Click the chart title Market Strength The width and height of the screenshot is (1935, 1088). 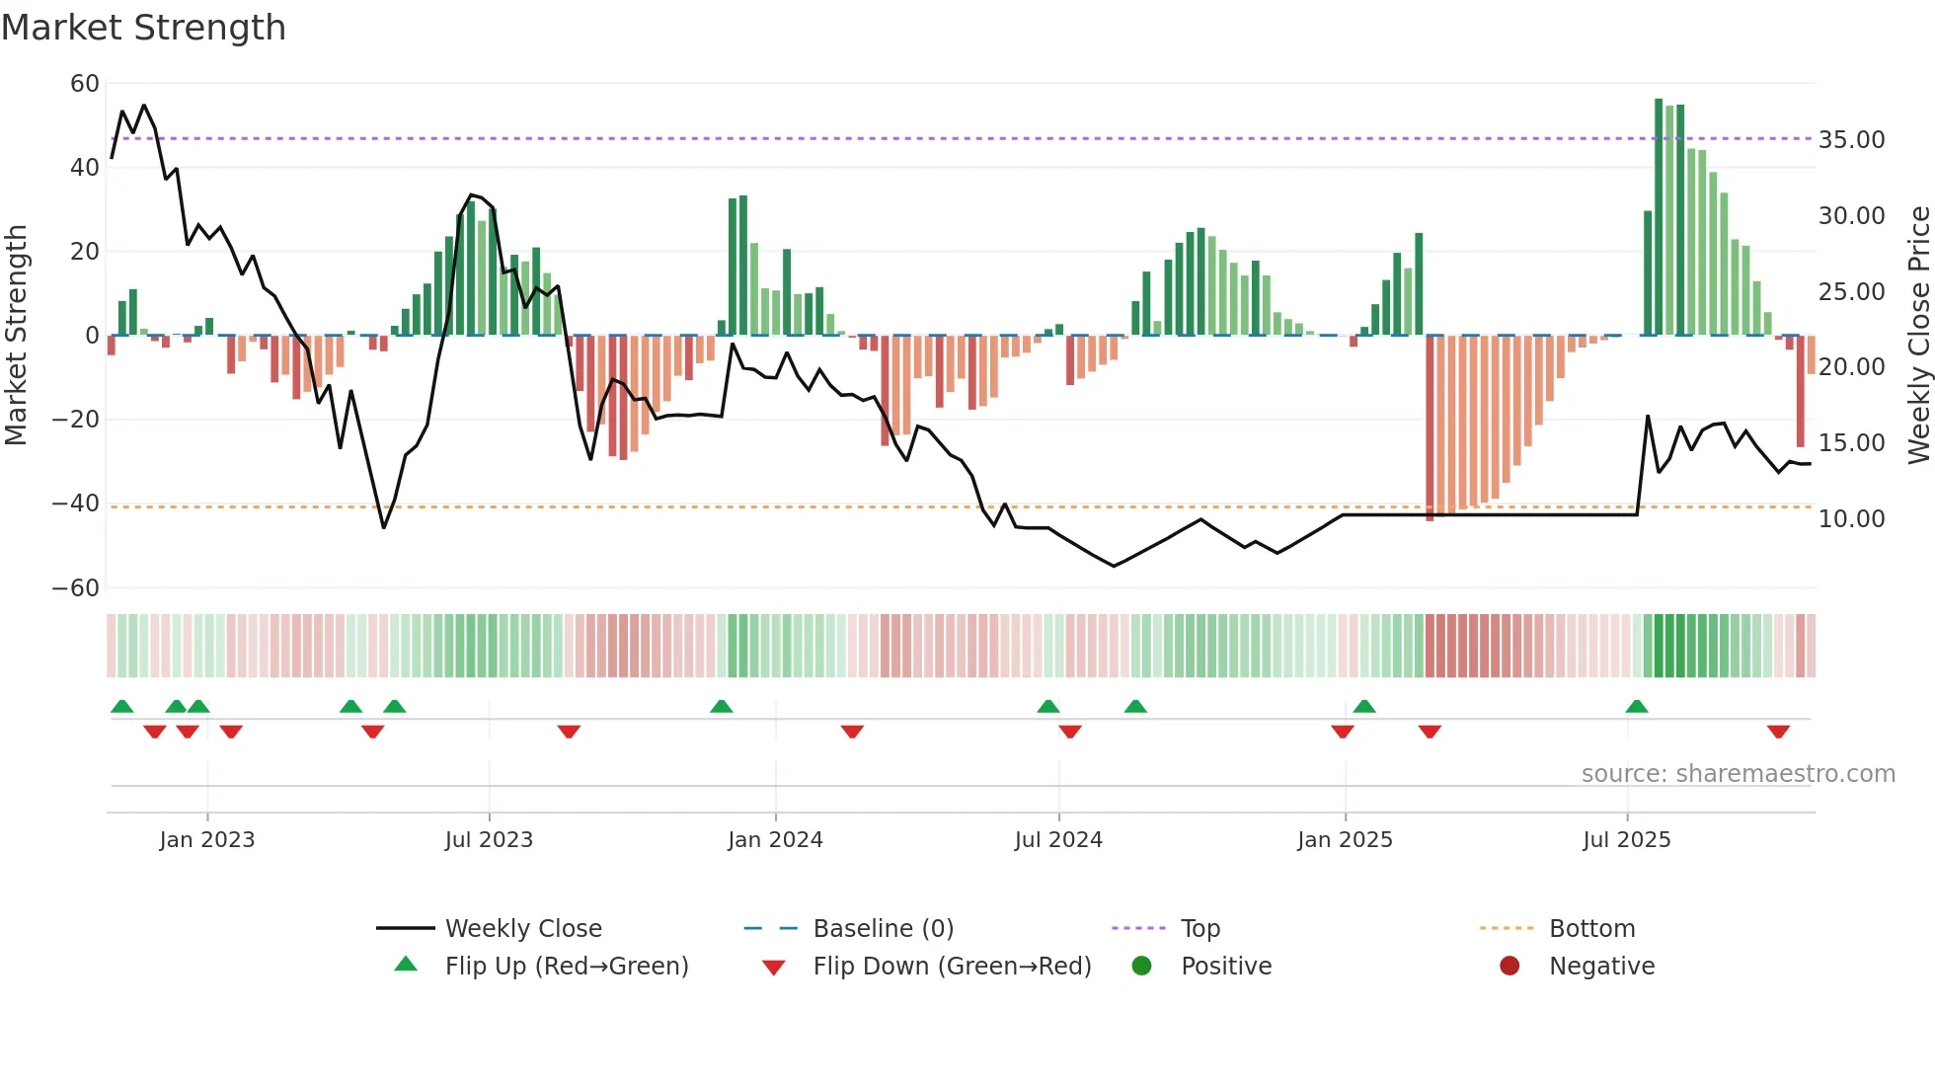pos(143,28)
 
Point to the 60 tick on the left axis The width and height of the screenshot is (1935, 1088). pos(85,84)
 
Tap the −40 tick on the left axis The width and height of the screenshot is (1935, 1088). pos(76,504)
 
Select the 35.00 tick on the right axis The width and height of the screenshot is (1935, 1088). pos(1851,140)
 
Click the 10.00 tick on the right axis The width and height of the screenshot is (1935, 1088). pos(1851,519)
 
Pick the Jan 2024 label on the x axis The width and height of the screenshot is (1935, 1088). pos(775,840)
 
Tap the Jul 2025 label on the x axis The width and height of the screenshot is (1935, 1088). pos(1626,840)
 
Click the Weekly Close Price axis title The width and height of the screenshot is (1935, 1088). pos(1918,336)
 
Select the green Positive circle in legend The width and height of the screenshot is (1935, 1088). pos(1142,967)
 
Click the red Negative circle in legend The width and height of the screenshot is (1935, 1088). pos(1509,967)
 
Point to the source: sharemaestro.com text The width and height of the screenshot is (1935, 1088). pos(1738,774)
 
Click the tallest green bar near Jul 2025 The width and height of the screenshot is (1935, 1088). pos(1659,217)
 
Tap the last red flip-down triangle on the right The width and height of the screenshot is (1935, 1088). pos(1778,732)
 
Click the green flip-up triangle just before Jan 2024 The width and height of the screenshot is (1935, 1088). pos(722,706)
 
